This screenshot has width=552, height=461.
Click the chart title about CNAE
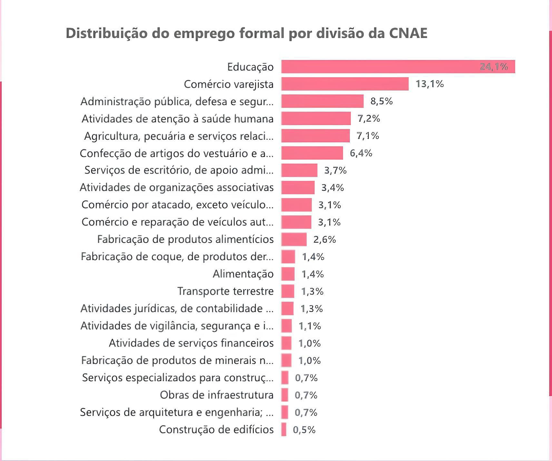click(x=246, y=33)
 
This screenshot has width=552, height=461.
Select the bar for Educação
click(x=380, y=67)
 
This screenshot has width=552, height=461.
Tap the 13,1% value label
click(x=429, y=84)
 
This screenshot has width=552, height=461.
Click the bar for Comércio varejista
click(x=345, y=84)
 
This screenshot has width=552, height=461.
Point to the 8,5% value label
click(x=381, y=101)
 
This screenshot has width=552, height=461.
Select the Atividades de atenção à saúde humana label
click(x=177, y=119)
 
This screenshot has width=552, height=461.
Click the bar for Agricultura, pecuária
click(x=315, y=136)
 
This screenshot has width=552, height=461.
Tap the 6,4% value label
click(x=361, y=153)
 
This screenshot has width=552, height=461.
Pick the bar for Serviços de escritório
click(x=299, y=170)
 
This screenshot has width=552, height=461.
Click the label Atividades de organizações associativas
click(x=177, y=187)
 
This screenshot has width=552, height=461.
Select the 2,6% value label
click(x=324, y=240)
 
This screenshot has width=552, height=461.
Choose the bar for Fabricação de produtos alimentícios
click(x=294, y=240)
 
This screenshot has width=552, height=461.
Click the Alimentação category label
click(x=243, y=274)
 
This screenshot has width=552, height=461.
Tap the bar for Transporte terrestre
click(x=288, y=291)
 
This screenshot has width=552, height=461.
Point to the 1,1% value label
click(x=310, y=326)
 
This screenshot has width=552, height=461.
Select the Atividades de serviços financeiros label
click(x=191, y=343)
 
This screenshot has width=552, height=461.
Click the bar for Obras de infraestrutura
click(x=285, y=395)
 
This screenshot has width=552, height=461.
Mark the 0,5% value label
click(x=304, y=430)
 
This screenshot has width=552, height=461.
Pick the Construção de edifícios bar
click(x=284, y=430)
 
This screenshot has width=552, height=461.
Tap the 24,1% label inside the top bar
click(x=493, y=67)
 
